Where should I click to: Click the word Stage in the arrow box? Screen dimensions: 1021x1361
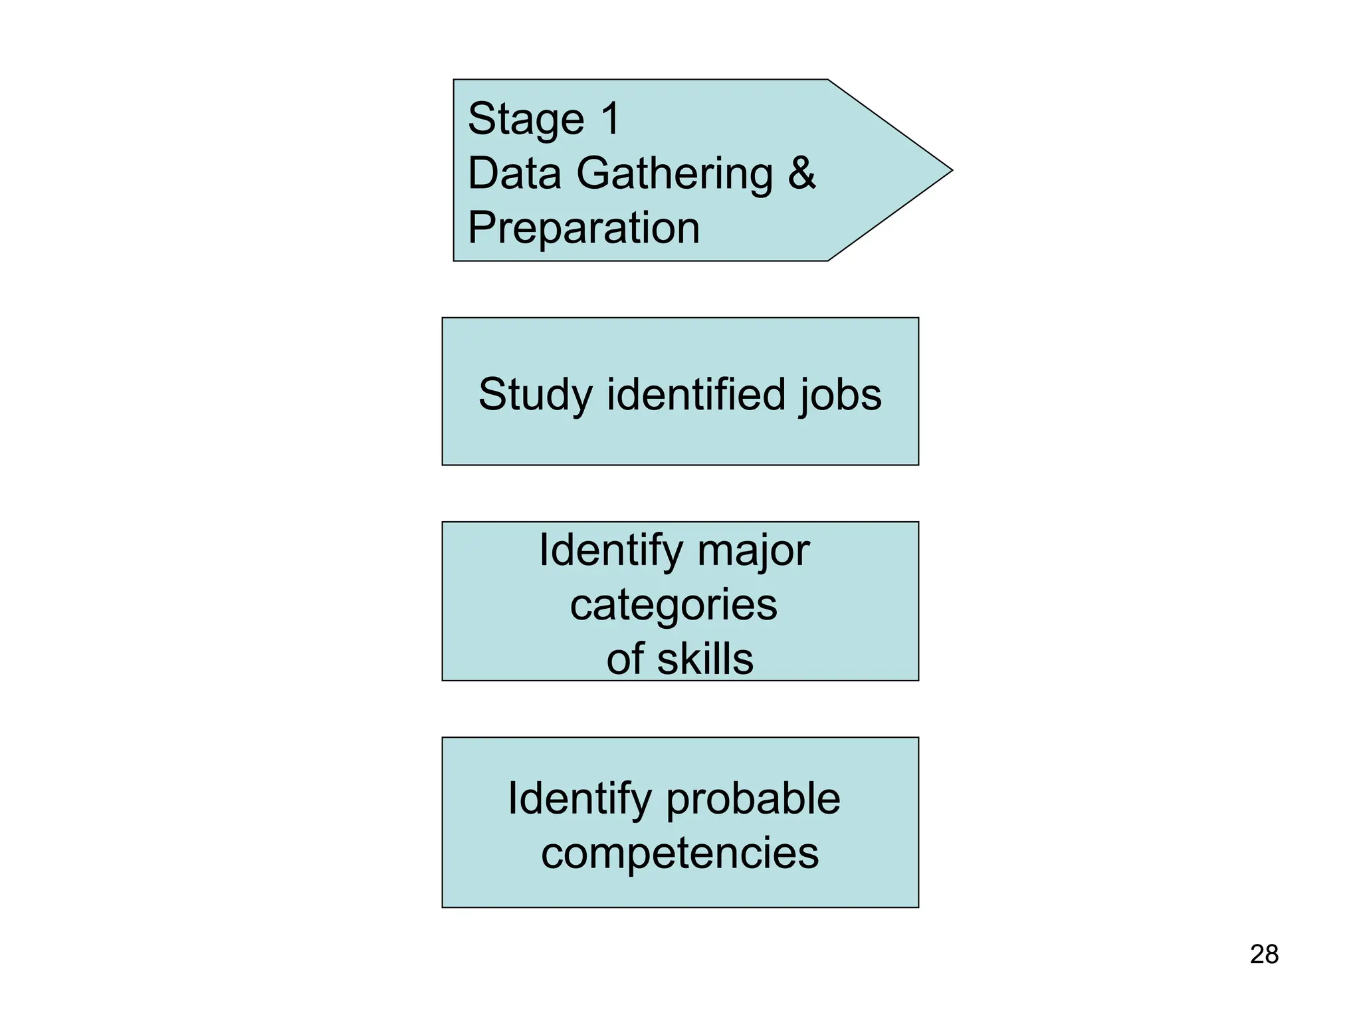pos(525,120)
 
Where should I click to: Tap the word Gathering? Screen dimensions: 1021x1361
pos(674,174)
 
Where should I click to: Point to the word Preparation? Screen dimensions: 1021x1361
pos(583,229)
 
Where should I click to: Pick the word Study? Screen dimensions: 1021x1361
pos(534,395)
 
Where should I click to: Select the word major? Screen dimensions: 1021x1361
pos(753,551)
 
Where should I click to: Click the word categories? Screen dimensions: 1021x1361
pos(673,606)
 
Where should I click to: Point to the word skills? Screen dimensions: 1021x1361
pos(705,659)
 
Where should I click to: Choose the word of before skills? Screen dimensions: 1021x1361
pos(625,659)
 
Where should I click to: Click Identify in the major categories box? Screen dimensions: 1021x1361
pos(610,551)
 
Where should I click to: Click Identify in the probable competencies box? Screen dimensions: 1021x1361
pos(579,799)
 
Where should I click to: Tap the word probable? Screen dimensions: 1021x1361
pos(753,799)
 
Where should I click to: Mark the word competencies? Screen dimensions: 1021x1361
pos(679,853)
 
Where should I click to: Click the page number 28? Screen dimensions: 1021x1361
pos(1263,955)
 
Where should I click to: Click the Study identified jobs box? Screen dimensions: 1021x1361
pos(680,439)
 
